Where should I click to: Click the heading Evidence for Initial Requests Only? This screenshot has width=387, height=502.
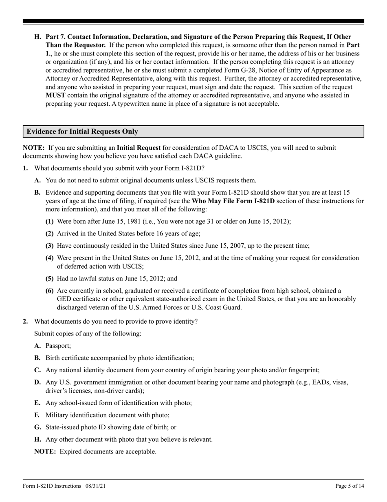coord(82,131)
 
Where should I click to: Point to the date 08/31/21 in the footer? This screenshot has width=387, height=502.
coord(96,486)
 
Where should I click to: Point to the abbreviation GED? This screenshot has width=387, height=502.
coord(52,299)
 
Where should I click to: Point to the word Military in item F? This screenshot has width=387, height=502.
coord(57,415)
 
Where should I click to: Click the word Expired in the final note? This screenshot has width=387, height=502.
coord(71,452)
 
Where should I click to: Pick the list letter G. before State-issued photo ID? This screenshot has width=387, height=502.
coord(37,427)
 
